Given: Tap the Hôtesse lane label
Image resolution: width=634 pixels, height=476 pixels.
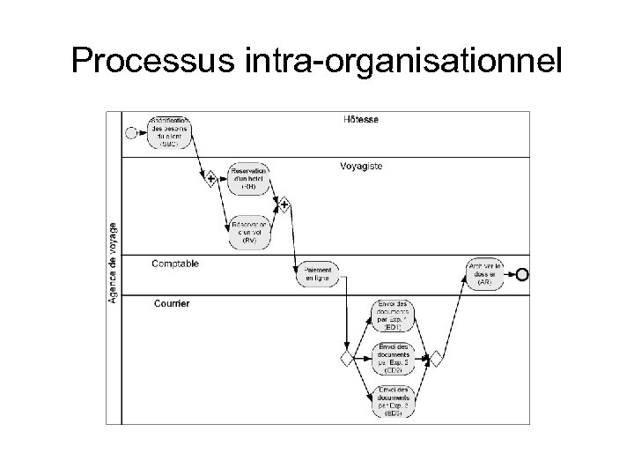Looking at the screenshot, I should (x=361, y=119).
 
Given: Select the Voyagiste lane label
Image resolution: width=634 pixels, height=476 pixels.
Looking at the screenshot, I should (x=361, y=166).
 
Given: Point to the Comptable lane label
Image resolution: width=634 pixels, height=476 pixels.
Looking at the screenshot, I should (x=175, y=263).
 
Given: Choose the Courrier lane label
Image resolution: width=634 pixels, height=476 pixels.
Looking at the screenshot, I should (x=171, y=303).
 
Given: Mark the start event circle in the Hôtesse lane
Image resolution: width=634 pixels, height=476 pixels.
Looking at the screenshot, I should (x=131, y=133).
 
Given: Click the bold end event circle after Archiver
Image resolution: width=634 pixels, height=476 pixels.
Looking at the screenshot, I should (x=522, y=274).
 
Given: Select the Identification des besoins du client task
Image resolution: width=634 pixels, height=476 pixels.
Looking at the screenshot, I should (x=169, y=132).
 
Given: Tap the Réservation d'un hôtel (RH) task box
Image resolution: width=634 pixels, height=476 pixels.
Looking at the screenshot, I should (x=248, y=179).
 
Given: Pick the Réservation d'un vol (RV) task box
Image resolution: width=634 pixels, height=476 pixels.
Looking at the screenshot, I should (x=248, y=231).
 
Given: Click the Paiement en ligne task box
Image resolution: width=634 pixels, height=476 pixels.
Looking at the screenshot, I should (x=319, y=274).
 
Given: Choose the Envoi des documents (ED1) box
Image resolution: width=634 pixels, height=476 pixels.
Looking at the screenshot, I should (x=393, y=315).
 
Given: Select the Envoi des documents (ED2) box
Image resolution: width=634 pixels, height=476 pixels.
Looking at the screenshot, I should (x=393, y=358).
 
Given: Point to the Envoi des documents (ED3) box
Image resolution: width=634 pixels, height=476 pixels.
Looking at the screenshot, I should (x=393, y=401).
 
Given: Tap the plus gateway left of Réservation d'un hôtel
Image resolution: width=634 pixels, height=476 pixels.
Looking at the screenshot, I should (x=212, y=179).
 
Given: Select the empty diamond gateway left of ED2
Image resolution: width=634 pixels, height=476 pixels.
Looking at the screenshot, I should (x=347, y=358).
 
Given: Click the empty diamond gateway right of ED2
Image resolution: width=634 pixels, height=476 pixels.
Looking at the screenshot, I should (x=435, y=358).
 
